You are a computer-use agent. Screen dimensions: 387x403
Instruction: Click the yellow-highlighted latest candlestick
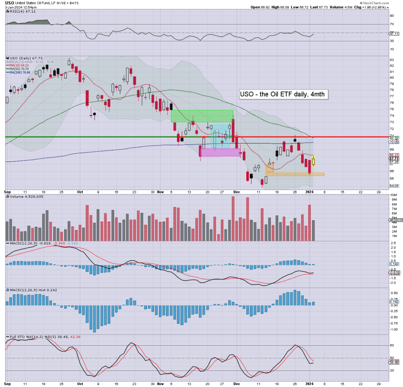coord(314,161)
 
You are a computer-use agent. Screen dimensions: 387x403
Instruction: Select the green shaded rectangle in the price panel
coord(202,116)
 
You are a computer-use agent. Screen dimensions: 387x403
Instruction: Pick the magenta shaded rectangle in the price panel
coord(220,152)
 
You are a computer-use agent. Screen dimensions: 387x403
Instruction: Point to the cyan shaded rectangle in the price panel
coord(221,136)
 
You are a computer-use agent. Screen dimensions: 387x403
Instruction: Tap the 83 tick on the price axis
coord(392,59)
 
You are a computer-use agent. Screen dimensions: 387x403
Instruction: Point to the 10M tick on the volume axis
coord(392,195)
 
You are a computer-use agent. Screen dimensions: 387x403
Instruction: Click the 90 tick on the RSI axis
coord(392,16)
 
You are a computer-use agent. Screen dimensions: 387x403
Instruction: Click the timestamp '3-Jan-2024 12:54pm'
coord(17,7)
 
